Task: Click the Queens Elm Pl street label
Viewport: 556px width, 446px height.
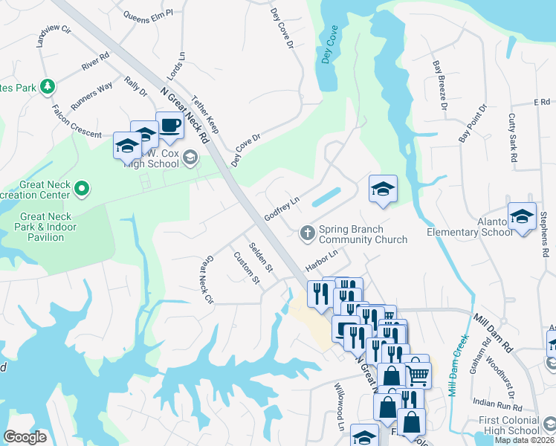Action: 148,13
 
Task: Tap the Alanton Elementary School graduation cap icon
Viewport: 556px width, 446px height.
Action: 522,216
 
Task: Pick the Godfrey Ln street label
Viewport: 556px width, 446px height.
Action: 282,208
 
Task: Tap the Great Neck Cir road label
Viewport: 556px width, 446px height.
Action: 205,280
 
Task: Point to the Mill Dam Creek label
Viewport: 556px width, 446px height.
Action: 456,363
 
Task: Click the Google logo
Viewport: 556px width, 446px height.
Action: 25,437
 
